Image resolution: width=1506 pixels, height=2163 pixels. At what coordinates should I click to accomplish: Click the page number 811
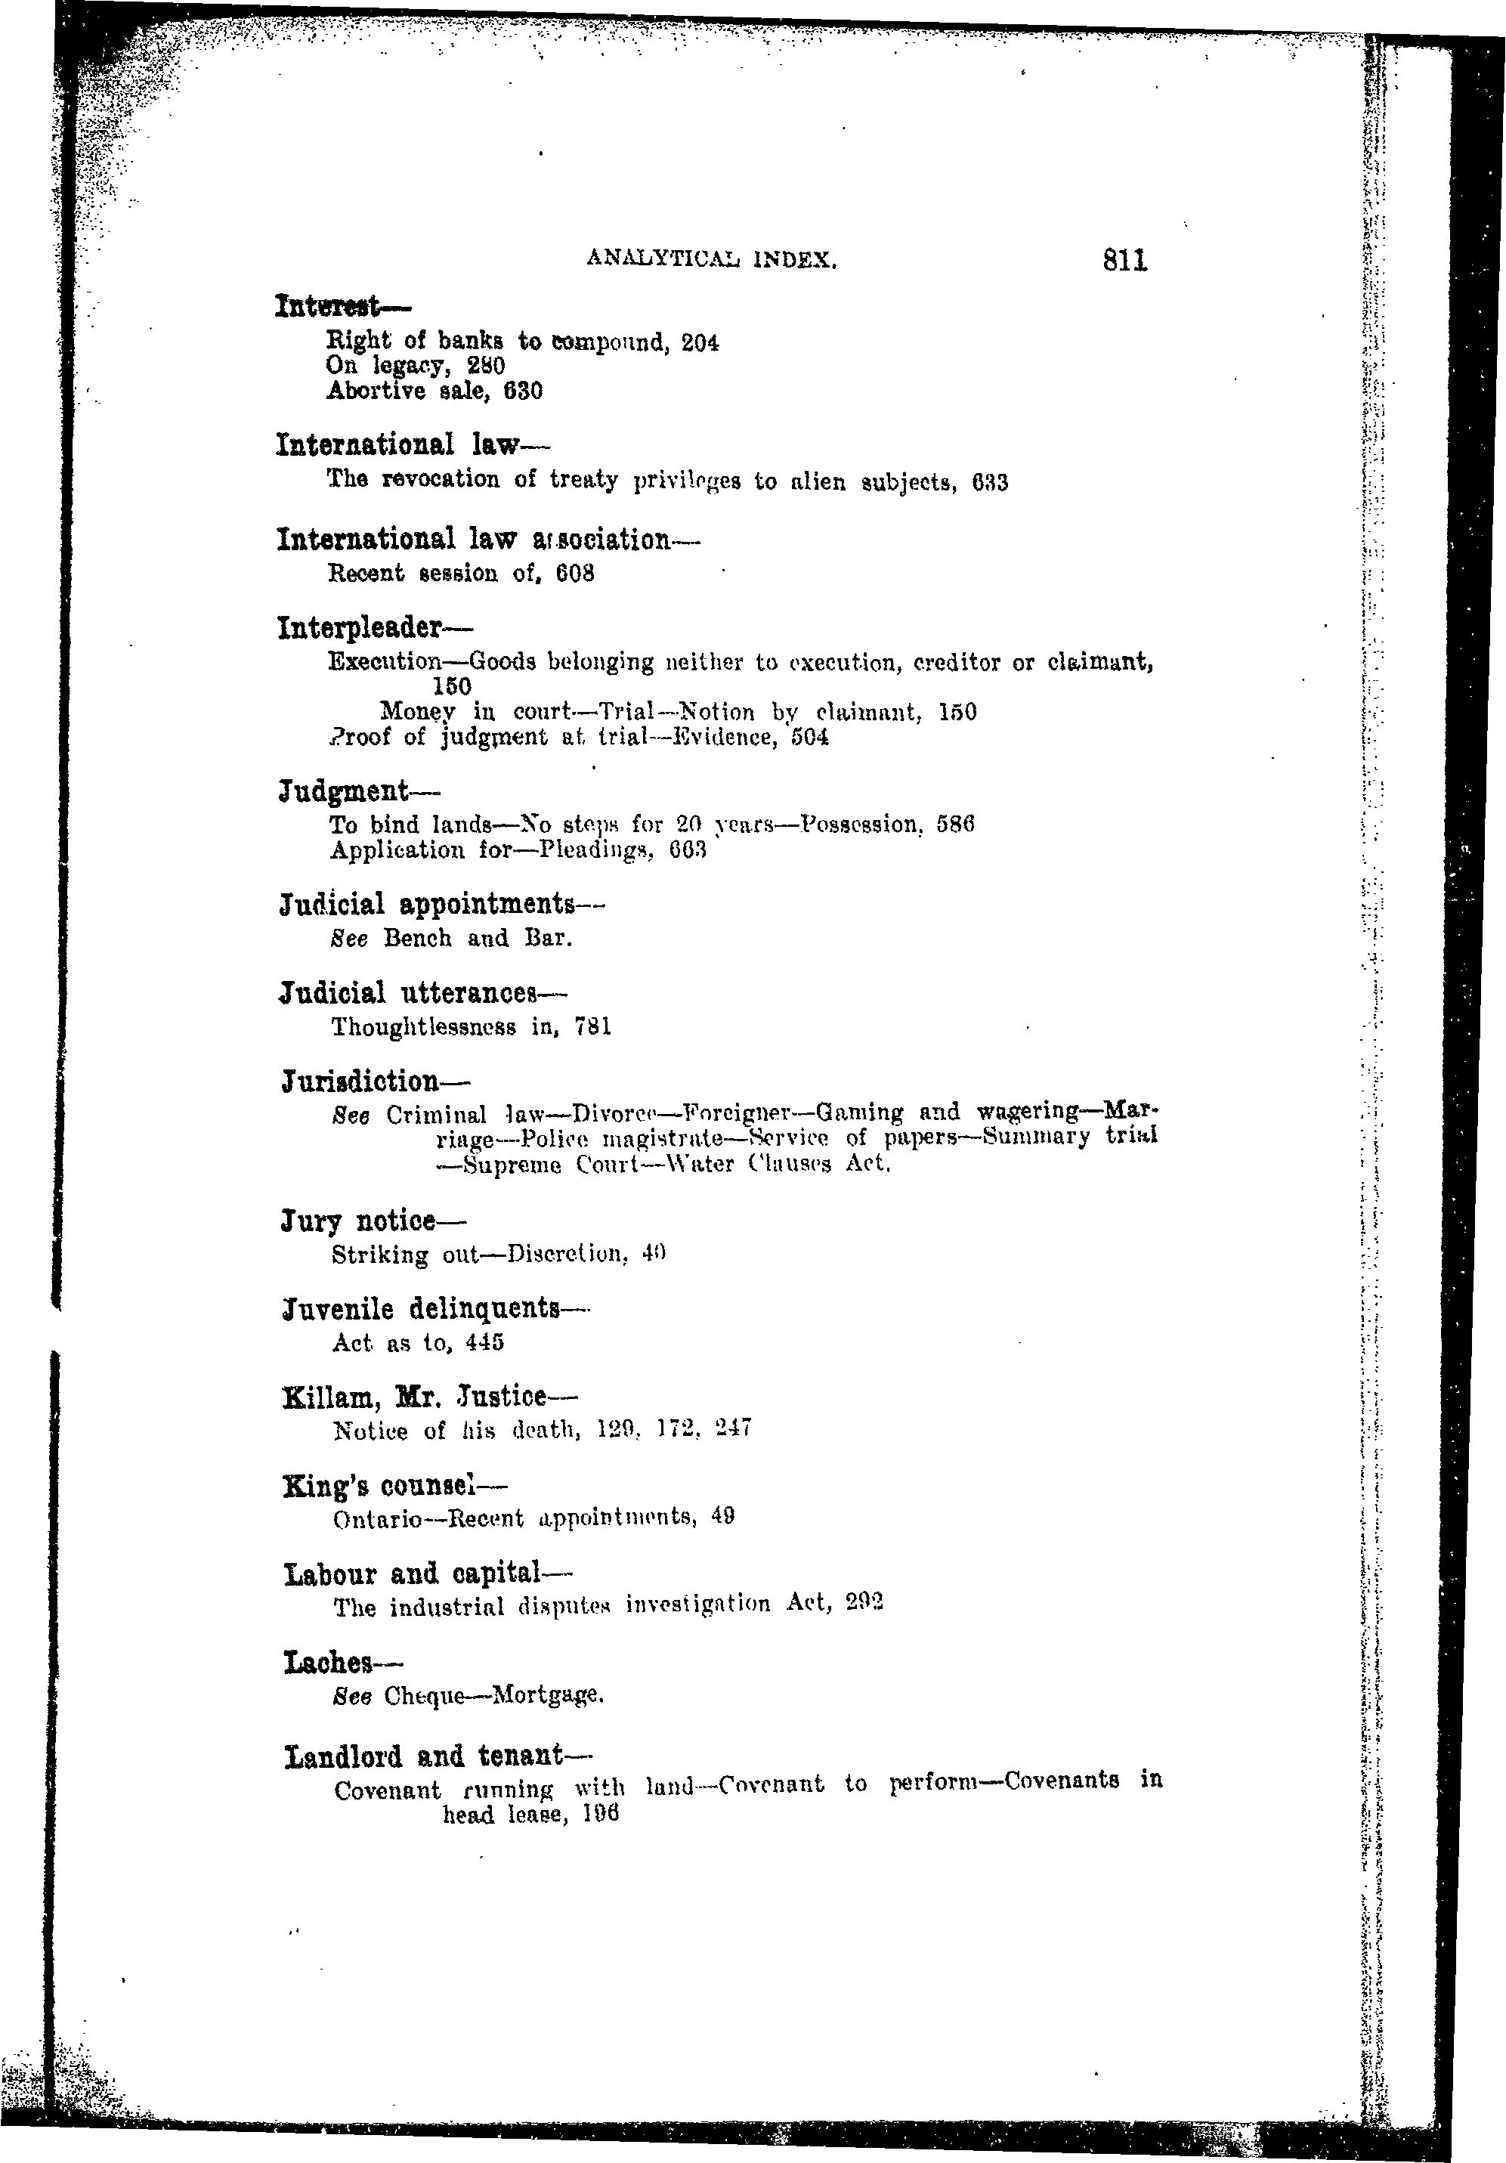1124,260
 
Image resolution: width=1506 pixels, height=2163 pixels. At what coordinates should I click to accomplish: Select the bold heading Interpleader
374,627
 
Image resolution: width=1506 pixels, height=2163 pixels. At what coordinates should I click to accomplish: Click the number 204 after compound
700,343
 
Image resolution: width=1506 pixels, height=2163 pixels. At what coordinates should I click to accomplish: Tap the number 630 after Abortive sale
524,391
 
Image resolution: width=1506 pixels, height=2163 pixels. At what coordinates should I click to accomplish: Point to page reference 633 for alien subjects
989,483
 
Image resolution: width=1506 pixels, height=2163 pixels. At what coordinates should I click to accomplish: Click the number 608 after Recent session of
574,573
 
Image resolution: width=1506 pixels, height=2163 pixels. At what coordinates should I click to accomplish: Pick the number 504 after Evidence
810,737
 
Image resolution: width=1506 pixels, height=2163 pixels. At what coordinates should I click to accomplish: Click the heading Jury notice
359,1222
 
